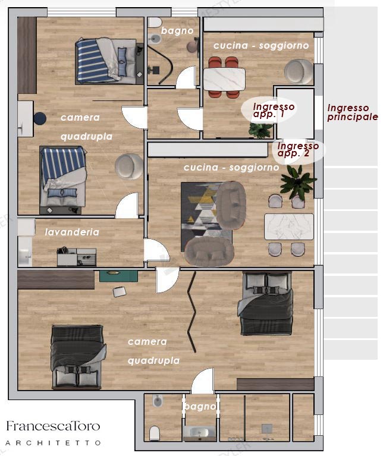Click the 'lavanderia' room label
(72, 232)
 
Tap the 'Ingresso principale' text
(353, 112)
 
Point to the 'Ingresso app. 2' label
(298, 149)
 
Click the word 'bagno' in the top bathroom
(177, 30)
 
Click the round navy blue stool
(40, 119)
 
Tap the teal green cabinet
(118, 276)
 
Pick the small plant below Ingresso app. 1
(260, 130)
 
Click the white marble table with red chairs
(224, 79)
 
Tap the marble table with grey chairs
(289, 227)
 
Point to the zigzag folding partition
(191, 312)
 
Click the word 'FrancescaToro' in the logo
(53, 426)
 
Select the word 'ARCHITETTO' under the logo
(53, 443)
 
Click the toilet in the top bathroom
(155, 23)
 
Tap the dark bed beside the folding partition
(265, 303)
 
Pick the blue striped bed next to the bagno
(106, 61)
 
